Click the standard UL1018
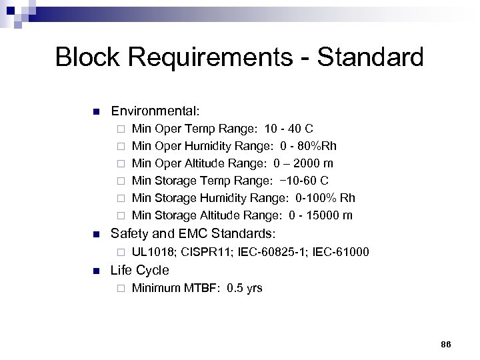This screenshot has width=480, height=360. click(x=155, y=253)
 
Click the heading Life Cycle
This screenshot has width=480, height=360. click(x=139, y=271)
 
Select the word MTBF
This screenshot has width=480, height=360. click(x=202, y=289)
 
